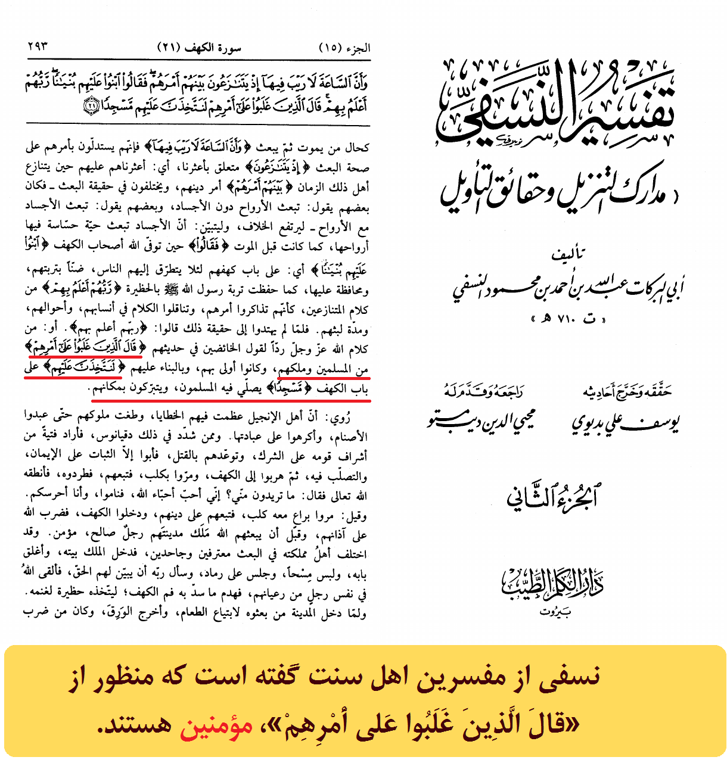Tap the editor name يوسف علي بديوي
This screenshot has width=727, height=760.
[626, 423]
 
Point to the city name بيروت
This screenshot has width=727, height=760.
[555, 613]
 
